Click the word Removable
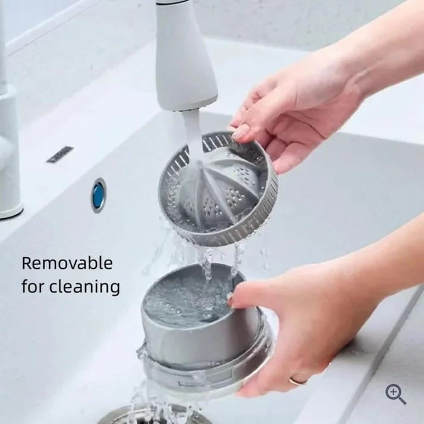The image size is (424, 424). pyautogui.click(x=67, y=263)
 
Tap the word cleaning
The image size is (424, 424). pyautogui.click(x=84, y=287)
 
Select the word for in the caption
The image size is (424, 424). pyautogui.click(x=33, y=286)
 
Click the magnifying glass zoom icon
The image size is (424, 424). pyautogui.click(x=395, y=394)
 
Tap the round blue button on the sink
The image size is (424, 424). pyautogui.click(x=99, y=195)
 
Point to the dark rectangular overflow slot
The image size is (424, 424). pyautogui.click(x=59, y=154)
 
